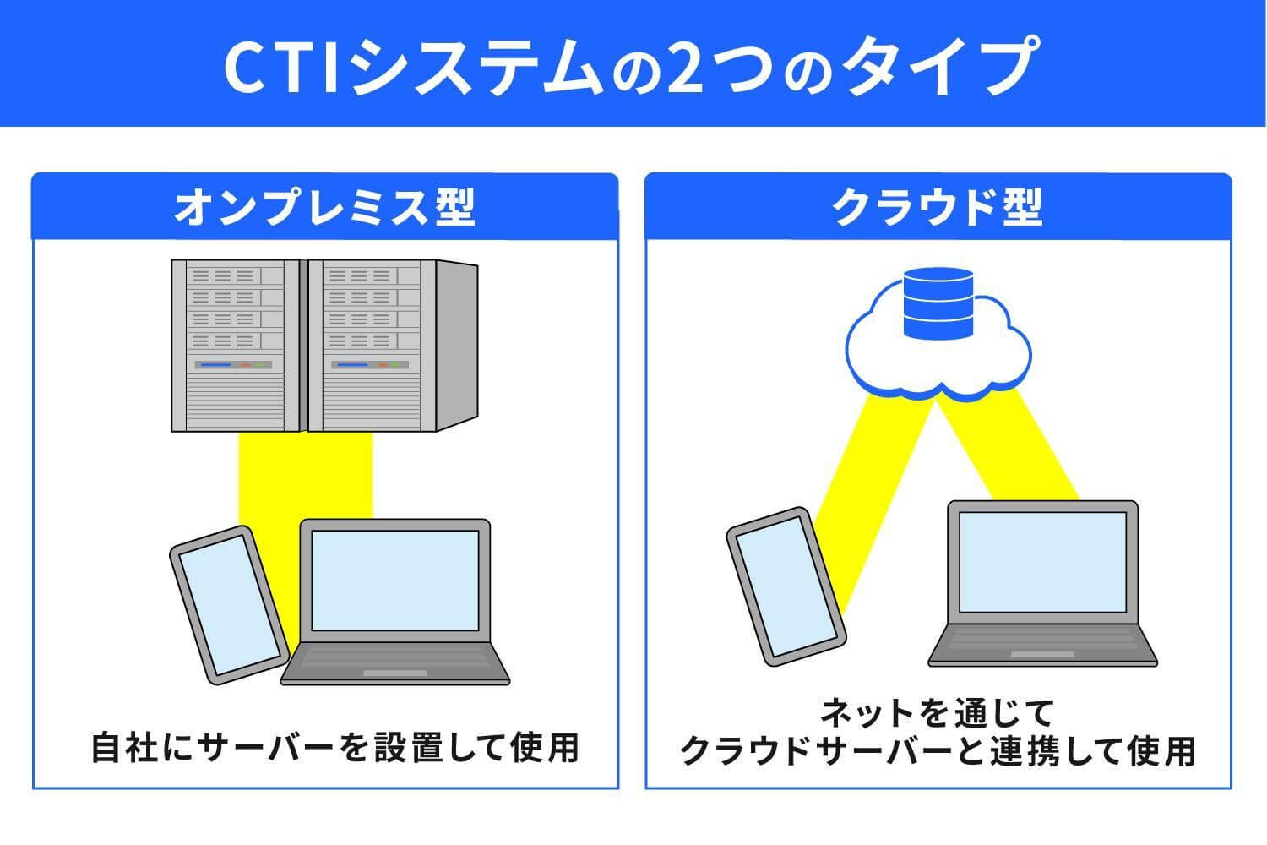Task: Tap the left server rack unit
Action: point(236,345)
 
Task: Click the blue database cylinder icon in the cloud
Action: point(938,303)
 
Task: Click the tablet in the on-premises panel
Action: point(226,605)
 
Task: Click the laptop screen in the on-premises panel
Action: point(394,580)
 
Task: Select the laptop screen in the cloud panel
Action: point(1042,561)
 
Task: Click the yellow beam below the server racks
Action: point(306,473)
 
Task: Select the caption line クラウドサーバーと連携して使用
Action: point(938,750)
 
